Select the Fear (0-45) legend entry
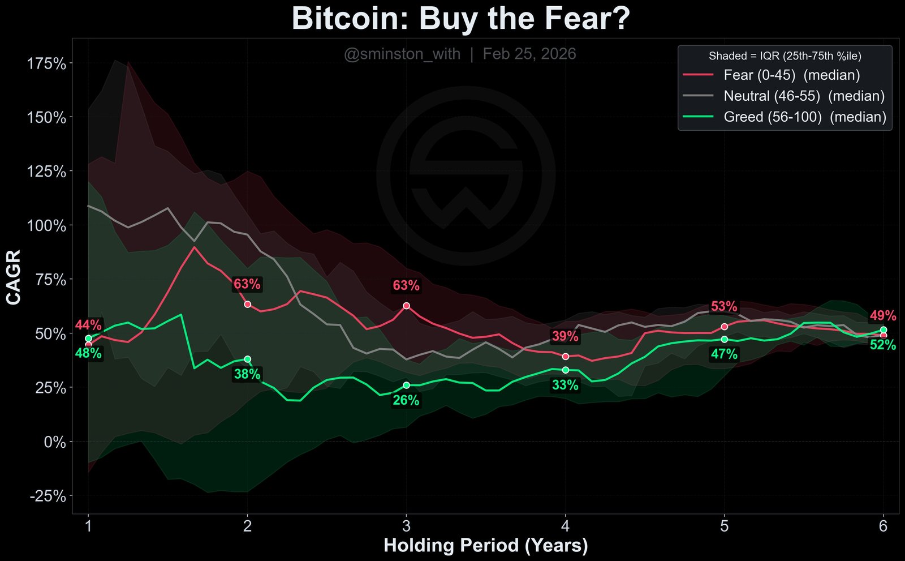point(791,75)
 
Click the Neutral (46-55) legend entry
point(804,96)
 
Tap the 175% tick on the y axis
point(46,63)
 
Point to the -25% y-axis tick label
point(48,496)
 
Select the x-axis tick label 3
point(406,526)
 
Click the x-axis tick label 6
point(883,526)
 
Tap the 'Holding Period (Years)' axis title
point(486,546)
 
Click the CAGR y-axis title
point(14,277)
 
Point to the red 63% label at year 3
point(406,286)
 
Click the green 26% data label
point(406,401)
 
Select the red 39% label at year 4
point(565,337)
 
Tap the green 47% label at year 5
point(724,355)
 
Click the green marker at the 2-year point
point(247,359)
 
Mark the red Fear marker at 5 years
point(724,327)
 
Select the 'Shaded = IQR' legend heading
point(785,56)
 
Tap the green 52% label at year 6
point(882,345)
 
